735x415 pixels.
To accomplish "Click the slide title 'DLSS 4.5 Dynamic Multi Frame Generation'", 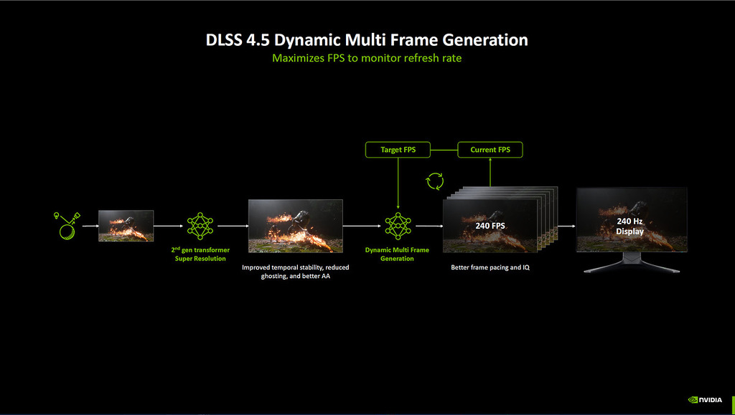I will (x=367, y=40).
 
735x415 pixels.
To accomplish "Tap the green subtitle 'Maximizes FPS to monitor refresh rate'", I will (x=367, y=58).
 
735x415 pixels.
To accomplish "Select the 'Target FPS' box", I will (x=398, y=150).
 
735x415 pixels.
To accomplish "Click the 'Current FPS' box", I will (x=490, y=150).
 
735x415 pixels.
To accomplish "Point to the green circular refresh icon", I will (x=435, y=181).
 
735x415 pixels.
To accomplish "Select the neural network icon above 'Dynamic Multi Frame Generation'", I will (x=398, y=225).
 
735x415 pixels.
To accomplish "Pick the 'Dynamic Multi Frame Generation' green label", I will (x=398, y=254).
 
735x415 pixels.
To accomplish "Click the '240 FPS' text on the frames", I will (x=491, y=225).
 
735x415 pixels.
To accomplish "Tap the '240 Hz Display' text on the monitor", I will (x=630, y=226).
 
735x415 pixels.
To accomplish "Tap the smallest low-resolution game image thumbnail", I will (x=126, y=225).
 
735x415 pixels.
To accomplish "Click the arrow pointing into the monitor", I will (x=567, y=225).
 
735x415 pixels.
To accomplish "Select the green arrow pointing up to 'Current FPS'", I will (x=490, y=172).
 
